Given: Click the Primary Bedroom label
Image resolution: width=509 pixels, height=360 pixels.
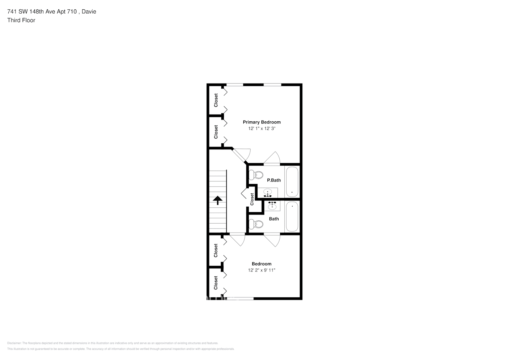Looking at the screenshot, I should click(262, 122).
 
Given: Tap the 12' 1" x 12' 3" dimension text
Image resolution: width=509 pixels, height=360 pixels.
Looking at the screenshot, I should click(262, 129).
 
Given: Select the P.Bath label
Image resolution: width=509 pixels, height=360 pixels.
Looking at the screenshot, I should click(274, 180).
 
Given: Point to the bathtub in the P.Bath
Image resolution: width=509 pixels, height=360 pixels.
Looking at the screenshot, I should click(292, 181).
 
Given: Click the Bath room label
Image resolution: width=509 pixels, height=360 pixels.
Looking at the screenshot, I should click(274, 219).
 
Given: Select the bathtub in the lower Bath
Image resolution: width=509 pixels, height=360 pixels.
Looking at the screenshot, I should click(292, 216).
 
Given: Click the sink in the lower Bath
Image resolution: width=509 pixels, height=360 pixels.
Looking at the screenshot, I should click(272, 206).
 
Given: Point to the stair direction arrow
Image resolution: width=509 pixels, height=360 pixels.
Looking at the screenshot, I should click(217, 200).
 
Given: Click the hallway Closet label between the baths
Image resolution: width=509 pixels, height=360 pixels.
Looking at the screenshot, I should click(252, 199).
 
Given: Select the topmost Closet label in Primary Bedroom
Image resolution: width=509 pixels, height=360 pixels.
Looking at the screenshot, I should click(216, 100).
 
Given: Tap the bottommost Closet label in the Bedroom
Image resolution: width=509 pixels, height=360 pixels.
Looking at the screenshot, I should click(216, 283).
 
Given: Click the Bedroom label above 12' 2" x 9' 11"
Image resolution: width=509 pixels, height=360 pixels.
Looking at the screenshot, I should click(262, 264).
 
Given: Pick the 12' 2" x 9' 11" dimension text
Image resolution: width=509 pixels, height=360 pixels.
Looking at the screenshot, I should click(262, 270).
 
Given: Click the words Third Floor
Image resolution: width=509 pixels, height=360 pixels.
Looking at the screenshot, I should click(21, 20).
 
